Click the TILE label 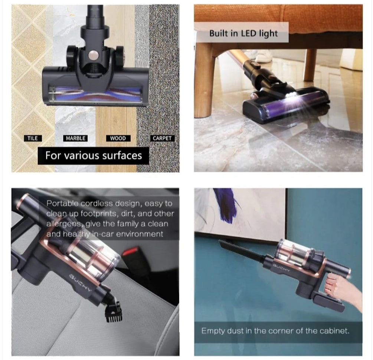33,138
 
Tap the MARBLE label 75,138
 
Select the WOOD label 118,138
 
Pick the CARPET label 162,138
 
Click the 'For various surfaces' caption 94,155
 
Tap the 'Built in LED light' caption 243,33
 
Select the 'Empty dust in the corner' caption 275,330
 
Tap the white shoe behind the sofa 264,56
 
